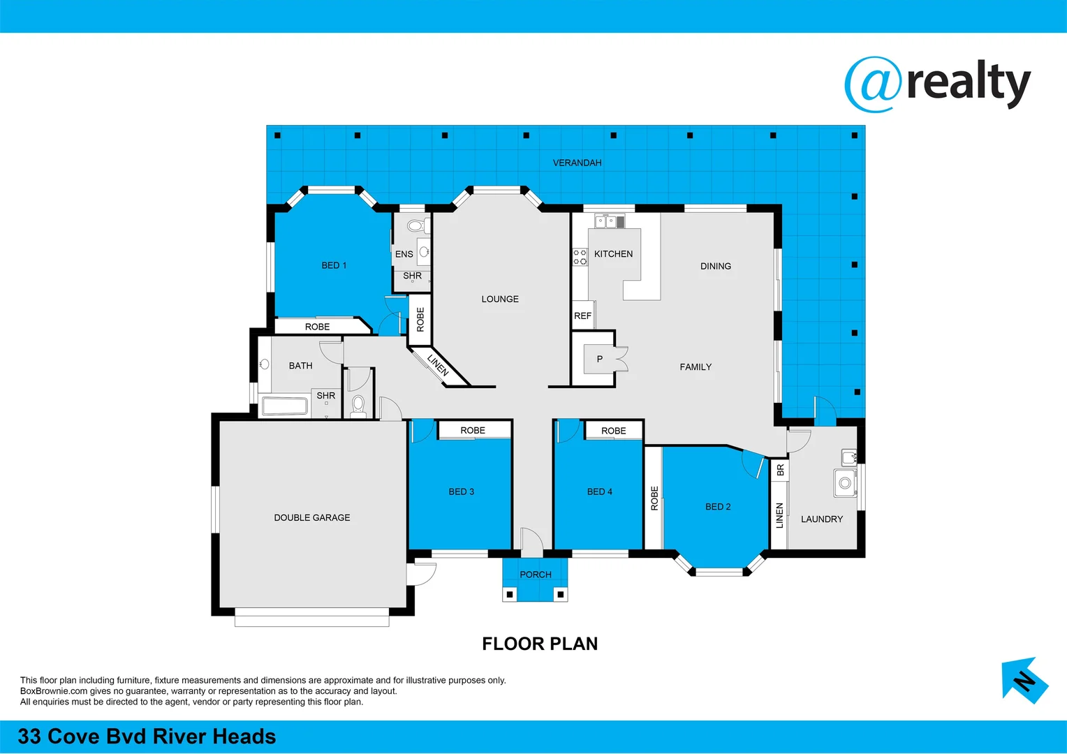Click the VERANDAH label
577,163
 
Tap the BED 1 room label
334,265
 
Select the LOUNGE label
500,299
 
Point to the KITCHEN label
613,254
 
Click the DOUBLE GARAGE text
312,517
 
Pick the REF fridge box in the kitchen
582,316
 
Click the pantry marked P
599,359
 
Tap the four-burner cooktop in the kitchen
580,257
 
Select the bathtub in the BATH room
284,406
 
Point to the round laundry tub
845,483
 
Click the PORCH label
536,575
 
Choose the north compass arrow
1024,680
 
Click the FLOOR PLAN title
540,644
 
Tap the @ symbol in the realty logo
874,84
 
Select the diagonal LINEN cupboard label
438,365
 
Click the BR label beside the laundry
780,470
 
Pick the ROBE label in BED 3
473,431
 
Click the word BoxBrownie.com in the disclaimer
54,691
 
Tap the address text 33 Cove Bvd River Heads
147,737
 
